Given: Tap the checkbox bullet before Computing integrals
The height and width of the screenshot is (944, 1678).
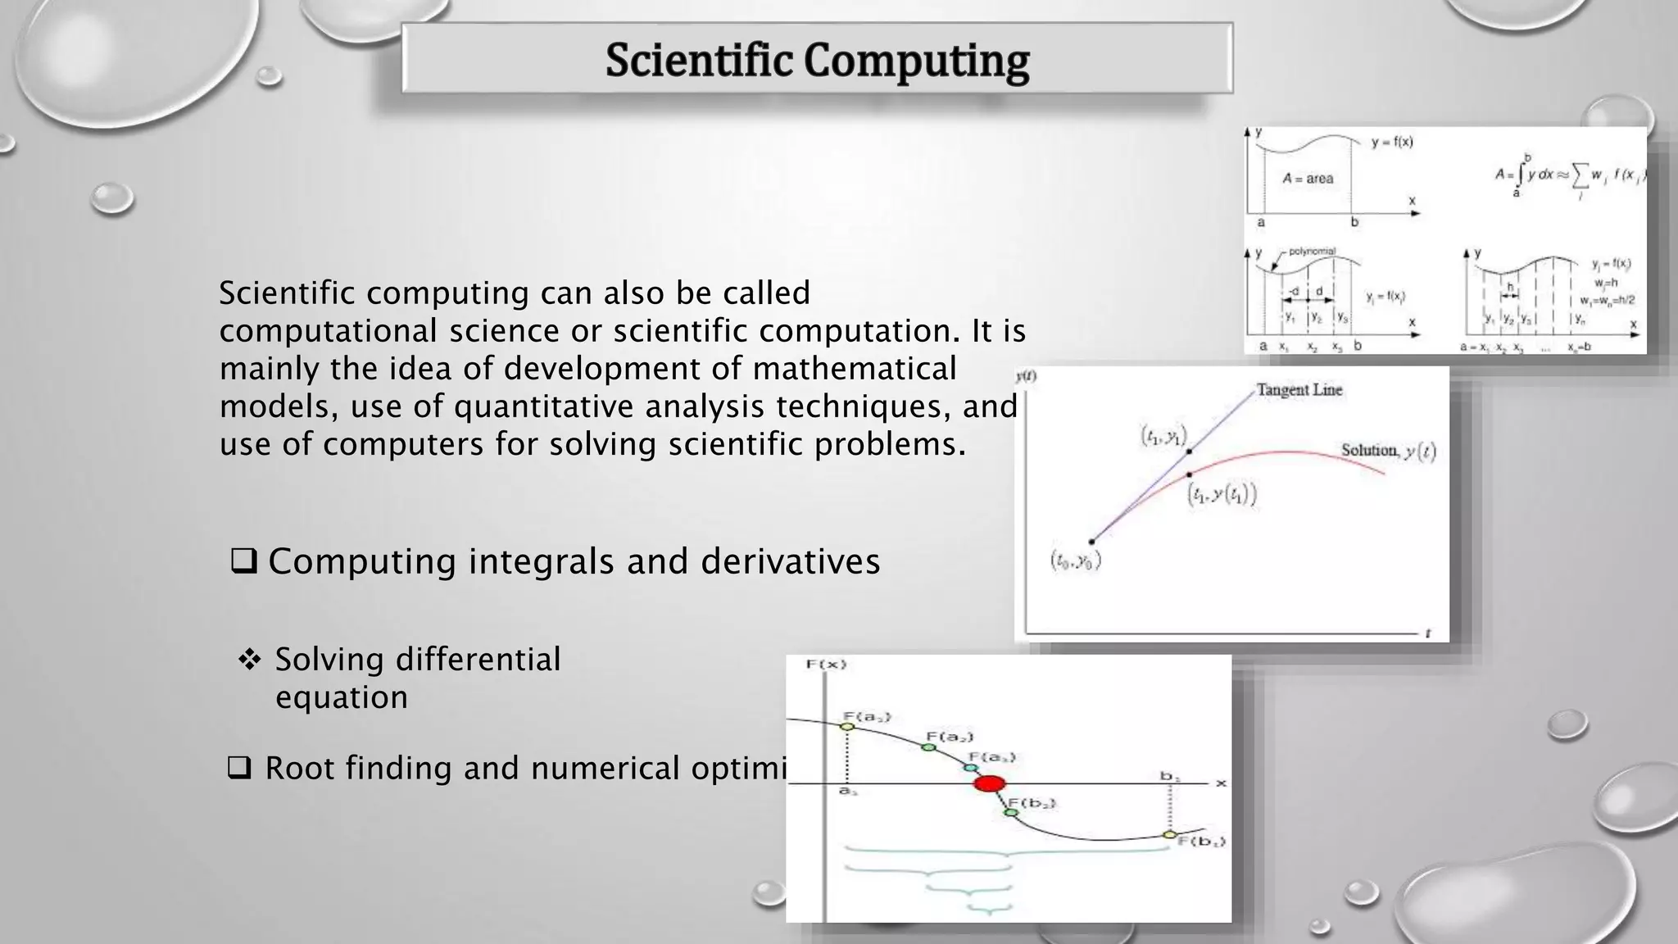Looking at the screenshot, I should tap(244, 561).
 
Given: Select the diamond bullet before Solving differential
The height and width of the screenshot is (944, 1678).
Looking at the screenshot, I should tap(249, 660).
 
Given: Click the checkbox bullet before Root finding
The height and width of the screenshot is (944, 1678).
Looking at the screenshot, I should tap(238, 769).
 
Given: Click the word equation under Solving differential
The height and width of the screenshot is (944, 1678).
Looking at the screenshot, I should tap(341, 697).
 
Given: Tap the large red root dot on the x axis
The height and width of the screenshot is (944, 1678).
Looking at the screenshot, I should tap(989, 783).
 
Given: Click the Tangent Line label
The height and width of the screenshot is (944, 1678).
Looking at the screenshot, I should tap(1299, 390).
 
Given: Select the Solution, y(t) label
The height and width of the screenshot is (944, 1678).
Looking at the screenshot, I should tap(1388, 451).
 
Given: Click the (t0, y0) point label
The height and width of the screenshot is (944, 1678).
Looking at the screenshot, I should tap(1076, 561).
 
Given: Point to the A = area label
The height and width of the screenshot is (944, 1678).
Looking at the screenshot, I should tap(1308, 178).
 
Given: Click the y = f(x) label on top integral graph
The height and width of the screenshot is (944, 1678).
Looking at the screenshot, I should tap(1392, 142).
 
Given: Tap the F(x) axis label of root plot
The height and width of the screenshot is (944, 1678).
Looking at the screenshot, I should tap(826, 664).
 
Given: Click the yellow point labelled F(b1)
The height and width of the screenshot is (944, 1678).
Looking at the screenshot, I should tap(1169, 834).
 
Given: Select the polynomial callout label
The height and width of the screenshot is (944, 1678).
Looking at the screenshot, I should tap(1312, 252).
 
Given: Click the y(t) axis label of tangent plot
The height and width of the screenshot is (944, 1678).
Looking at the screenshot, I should tap(1026, 377).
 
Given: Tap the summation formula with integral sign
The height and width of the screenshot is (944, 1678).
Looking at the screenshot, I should tap(1569, 175).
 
